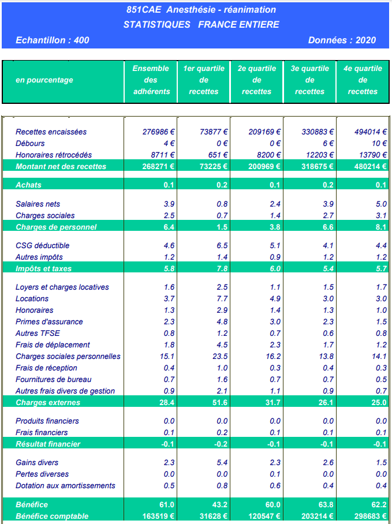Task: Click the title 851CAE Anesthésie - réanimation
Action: click(201, 10)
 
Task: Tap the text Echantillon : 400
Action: click(53, 40)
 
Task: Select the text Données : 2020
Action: click(342, 40)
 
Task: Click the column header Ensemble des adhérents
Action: click(151, 80)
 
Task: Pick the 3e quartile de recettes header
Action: click(310, 80)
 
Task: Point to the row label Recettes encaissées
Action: click(51, 132)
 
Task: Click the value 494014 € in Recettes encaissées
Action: click(370, 132)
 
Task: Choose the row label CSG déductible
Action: click(43, 246)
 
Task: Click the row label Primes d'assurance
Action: click(49, 322)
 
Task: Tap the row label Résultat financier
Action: click(48, 444)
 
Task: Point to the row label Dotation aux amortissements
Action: click(65, 486)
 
